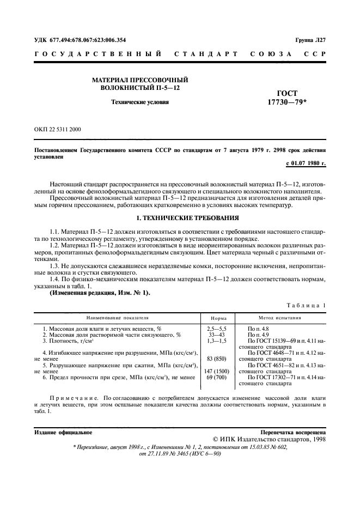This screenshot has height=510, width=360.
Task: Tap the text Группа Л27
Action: coord(310,40)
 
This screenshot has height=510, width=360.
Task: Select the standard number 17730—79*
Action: coord(287,101)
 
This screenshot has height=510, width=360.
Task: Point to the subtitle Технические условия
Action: coord(139,101)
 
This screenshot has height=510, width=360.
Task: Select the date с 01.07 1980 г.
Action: coord(306,163)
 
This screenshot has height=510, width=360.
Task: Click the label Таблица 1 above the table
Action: coord(308,306)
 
